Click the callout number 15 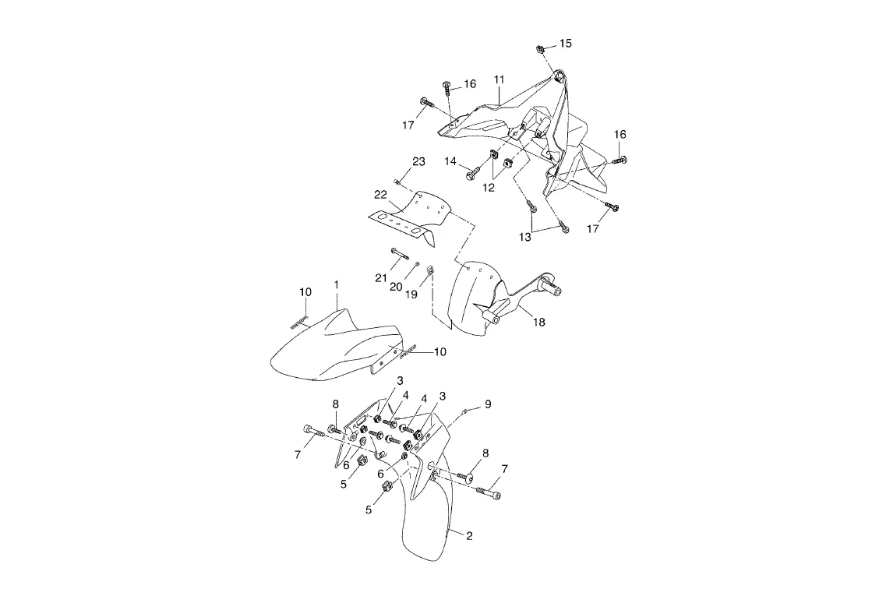pos(566,44)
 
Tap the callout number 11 pos(500,80)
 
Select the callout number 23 pos(419,162)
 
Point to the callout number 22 pos(380,195)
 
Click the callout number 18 pos(538,323)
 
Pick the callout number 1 pos(337,285)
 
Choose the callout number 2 pos(469,536)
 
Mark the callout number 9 pos(488,404)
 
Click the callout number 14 pos(450,161)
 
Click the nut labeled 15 pos(540,50)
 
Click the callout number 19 pos(411,294)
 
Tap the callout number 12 pos(489,188)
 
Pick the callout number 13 pos(526,237)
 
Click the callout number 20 pos(396,287)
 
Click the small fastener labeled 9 pos(464,410)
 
